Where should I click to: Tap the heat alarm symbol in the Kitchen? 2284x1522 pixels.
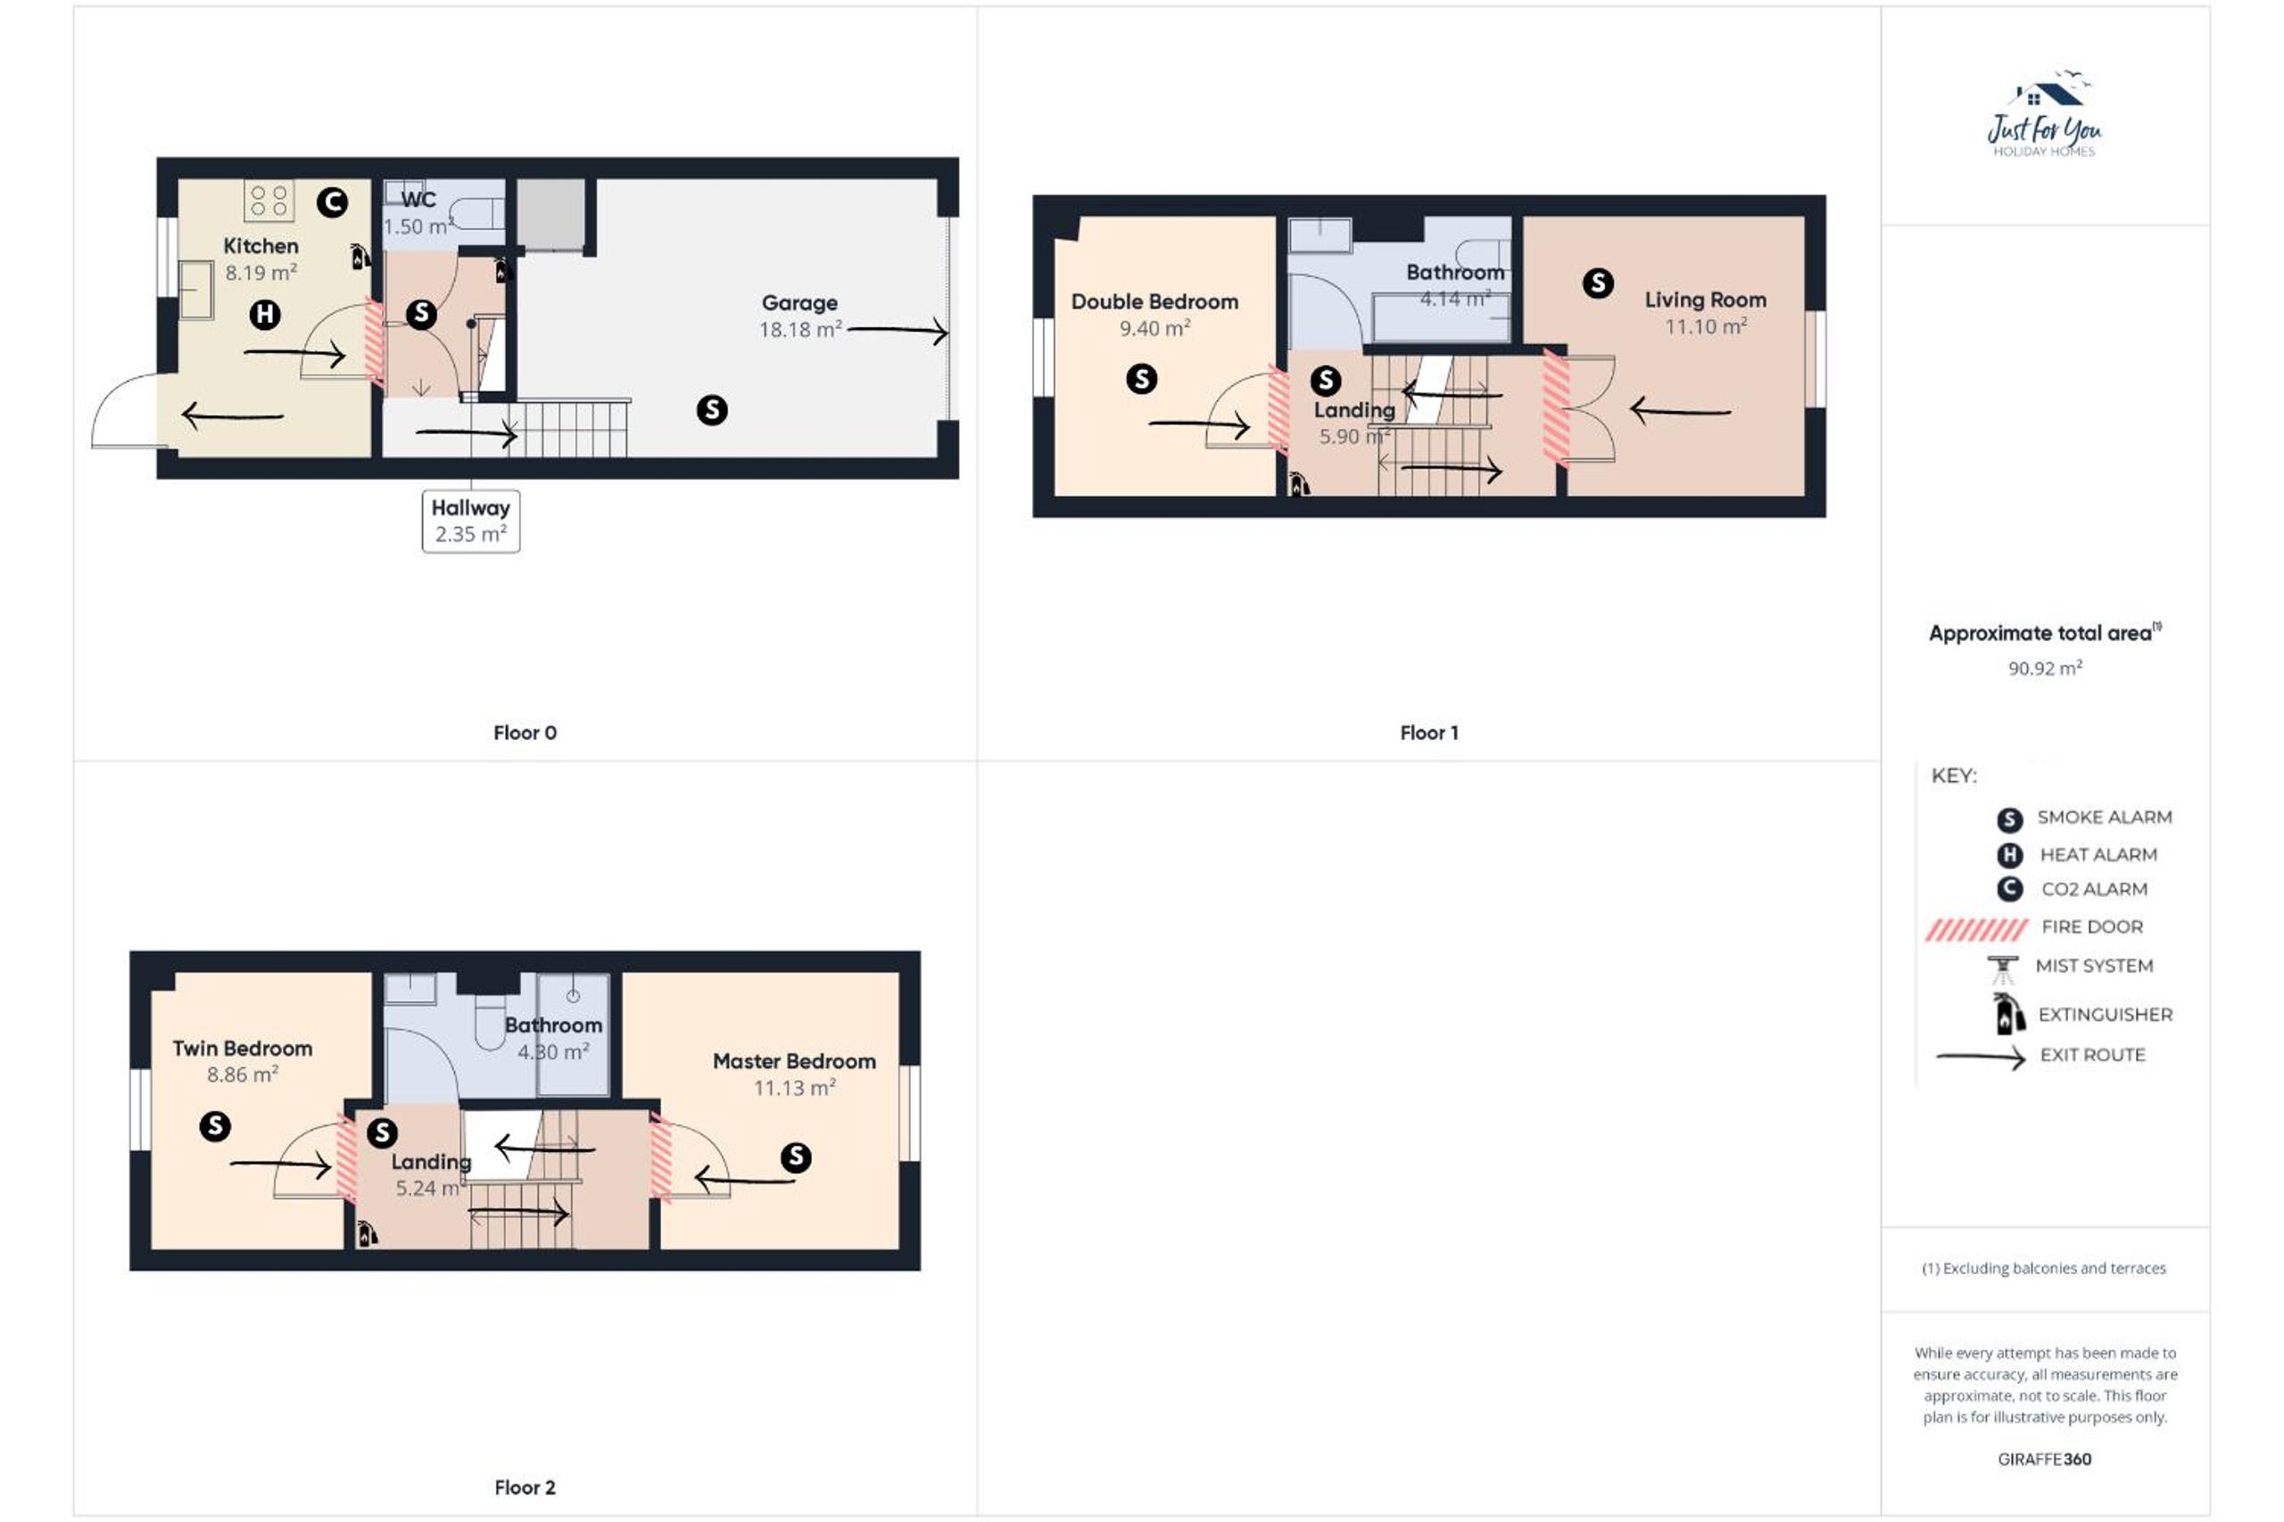point(265,315)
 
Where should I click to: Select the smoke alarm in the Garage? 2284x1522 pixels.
point(712,409)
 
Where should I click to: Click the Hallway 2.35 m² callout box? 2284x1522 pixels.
point(471,522)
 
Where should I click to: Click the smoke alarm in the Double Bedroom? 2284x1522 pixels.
point(1141,379)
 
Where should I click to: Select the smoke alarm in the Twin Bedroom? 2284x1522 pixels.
point(215,1126)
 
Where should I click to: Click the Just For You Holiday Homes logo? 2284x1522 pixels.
point(2044,114)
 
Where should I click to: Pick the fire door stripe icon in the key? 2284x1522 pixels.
point(1976,930)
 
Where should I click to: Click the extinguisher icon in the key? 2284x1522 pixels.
point(2009,1012)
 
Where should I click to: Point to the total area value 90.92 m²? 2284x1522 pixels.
point(2044,668)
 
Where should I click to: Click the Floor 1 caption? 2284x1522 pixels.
point(1428,733)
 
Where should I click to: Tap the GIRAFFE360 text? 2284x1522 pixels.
point(2044,1459)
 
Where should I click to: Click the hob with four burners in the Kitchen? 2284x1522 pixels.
point(269,202)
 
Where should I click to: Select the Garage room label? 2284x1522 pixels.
point(799,303)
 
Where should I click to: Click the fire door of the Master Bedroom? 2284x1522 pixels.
point(660,1158)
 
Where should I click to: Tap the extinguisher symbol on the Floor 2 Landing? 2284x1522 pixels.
point(366,1234)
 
